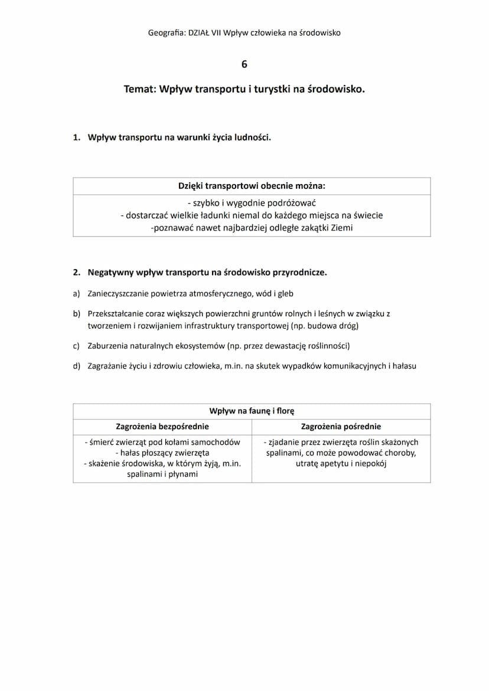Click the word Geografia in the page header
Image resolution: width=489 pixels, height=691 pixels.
tap(166, 33)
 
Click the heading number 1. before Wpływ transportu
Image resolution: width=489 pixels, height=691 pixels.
tap(76, 137)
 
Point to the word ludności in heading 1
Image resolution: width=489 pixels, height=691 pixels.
tap(253, 137)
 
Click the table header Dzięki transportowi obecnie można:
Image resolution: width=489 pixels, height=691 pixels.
tap(252, 186)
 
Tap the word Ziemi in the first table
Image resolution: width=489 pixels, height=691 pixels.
tap(341, 227)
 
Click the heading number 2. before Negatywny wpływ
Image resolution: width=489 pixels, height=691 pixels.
tap(76, 273)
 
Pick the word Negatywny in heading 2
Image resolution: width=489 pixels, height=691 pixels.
tap(110, 273)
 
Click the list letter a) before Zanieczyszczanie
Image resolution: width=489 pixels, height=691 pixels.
tap(76, 293)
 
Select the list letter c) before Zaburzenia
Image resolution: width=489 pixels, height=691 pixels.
tap(76, 346)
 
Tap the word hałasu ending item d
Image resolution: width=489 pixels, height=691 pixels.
tap(403, 366)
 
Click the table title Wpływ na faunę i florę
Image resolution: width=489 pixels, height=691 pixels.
tap(252, 411)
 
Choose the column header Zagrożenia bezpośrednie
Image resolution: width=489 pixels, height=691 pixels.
tap(162, 426)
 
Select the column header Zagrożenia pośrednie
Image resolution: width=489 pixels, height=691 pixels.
tap(341, 426)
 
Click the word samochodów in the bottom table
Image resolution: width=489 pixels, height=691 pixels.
tap(219, 442)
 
